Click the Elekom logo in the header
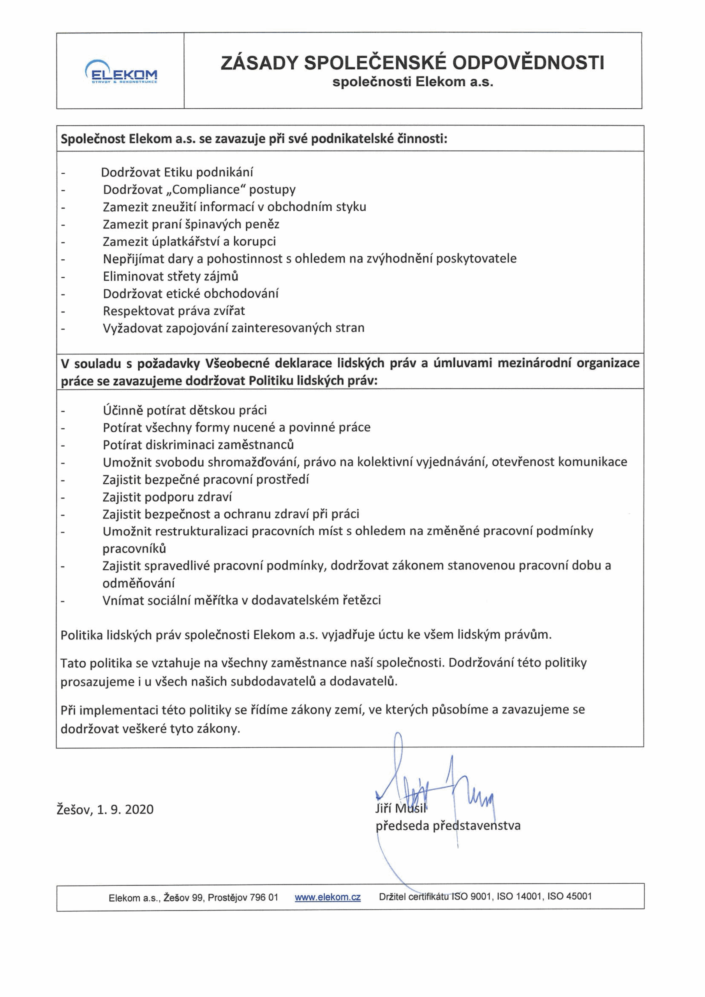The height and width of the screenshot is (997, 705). (121, 71)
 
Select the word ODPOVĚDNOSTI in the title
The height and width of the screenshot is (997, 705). (528, 63)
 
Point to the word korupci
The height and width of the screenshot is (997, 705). (255, 241)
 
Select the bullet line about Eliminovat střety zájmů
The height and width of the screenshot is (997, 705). (170, 276)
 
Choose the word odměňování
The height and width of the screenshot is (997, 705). (139, 583)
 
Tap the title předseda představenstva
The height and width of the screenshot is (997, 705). (448, 826)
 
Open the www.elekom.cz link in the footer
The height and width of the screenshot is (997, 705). (328, 894)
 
